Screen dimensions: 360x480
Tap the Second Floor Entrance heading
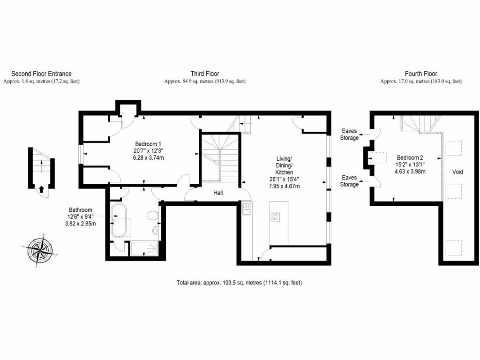tap(41, 74)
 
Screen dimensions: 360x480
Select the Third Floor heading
tap(204, 74)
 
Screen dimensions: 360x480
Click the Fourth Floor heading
tap(420, 74)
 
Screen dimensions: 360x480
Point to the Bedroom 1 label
tap(148, 143)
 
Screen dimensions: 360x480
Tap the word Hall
tap(218, 193)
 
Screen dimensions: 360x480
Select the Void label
tap(457, 172)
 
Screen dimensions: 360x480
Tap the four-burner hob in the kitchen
tap(275, 217)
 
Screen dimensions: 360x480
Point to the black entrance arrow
tap(41, 189)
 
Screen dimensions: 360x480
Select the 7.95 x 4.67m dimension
tap(284, 186)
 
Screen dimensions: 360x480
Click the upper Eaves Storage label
tap(350, 135)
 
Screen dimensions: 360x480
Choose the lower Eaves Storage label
tap(350, 181)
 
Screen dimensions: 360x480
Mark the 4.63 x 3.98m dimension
tap(410, 172)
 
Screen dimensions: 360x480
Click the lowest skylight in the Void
tap(453, 247)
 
